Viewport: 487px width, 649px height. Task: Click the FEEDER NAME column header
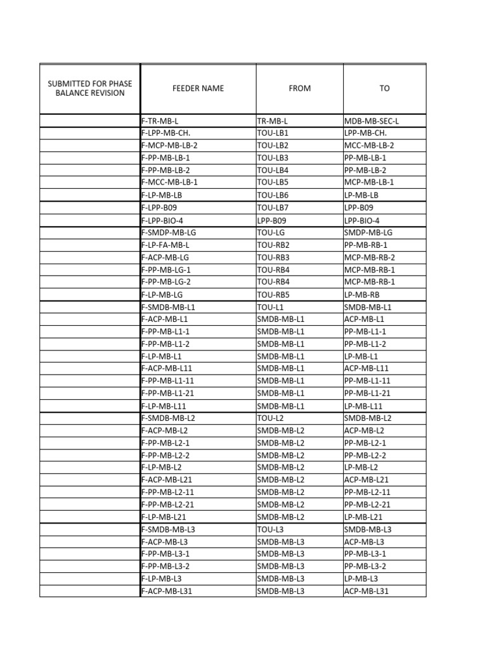coord(198,89)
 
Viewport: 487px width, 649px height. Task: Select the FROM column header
coord(299,89)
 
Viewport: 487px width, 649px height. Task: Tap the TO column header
coord(384,89)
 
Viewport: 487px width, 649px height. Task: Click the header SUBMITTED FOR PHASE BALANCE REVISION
coord(90,89)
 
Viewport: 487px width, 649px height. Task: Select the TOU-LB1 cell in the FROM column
coord(273,133)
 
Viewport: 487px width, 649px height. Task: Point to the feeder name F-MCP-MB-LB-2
coord(169,145)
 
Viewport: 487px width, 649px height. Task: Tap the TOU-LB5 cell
coord(273,183)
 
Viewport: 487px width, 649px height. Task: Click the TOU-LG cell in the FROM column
coord(271,233)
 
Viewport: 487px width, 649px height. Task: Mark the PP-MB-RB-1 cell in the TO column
coord(365,245)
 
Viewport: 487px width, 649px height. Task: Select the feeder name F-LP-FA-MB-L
coord(166,245)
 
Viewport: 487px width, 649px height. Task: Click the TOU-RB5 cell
coord(273,295)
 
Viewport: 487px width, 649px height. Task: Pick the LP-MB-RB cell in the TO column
coord(361,295)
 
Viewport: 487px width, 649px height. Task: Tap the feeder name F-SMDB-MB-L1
coord(168,307)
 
